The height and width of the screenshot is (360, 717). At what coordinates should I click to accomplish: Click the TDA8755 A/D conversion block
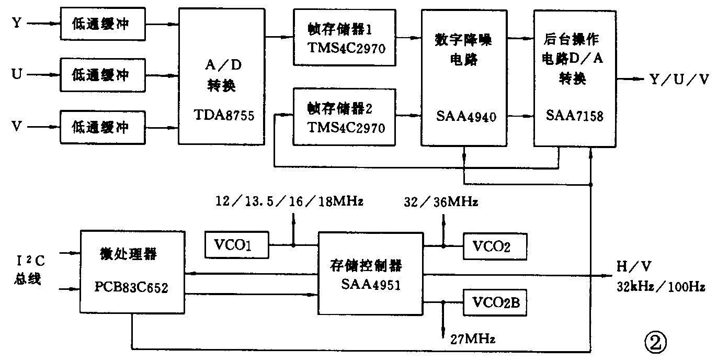click(221, 76)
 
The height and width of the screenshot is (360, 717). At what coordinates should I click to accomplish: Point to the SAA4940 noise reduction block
click(464, 77)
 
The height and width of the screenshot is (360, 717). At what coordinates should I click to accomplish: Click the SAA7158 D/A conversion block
click(574, 77)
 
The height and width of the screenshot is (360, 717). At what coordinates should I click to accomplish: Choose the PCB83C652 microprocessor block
click(133, 271)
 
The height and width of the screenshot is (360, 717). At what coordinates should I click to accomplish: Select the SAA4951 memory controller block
click(370, 274)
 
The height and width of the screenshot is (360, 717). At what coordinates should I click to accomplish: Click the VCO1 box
click(235, 244)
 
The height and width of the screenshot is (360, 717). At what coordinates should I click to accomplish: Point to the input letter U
click(16, 75)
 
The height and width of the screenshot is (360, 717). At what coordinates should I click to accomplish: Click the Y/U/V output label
click(678, 79)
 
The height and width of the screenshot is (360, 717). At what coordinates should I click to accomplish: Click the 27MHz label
click(472, 338)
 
